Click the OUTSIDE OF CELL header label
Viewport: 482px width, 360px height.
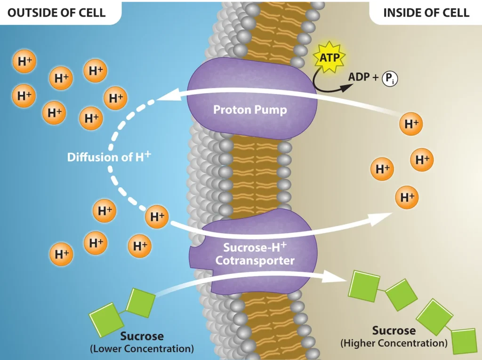tap(56, 12)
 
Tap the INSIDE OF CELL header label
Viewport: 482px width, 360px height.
tap(426, 12)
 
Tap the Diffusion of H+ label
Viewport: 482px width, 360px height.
tap(109, 157)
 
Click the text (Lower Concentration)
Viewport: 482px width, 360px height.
tap(142, 349)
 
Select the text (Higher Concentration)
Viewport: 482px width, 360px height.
tap(394, 343)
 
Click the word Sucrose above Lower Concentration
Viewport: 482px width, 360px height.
tap(142, 336)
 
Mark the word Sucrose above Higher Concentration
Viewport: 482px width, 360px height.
tap(394, 330)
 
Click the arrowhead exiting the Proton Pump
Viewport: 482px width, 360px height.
tap(164, 96)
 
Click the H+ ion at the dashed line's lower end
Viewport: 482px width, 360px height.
tap(157, 216)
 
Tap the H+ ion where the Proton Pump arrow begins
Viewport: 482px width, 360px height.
tap(411, 124)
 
